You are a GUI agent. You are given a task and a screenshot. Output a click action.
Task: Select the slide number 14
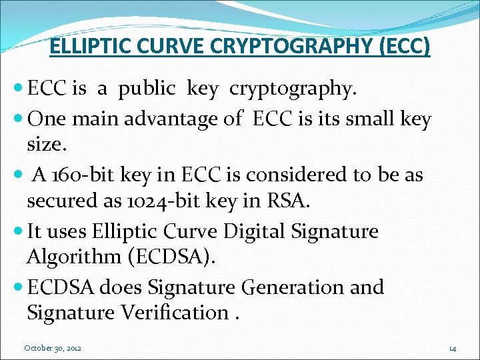(452, 348)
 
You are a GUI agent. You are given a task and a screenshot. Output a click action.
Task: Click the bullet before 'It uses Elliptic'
(19, 232)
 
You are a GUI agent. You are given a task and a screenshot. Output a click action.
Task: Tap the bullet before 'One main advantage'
(19, 120)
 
